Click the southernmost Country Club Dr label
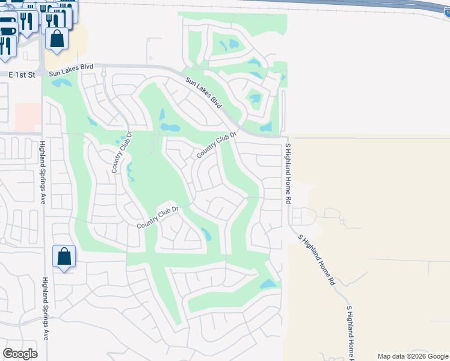tap(159, 217)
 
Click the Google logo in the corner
tap(20, 354)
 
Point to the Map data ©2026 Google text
tap(412, 356)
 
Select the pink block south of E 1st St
tap(26, 116)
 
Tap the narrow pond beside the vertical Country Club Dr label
tap(129, 171)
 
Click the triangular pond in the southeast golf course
tap(268, 284)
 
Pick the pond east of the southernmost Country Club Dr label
tap(206, 233)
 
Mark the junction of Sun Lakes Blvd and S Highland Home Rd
tap(283, 137)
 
